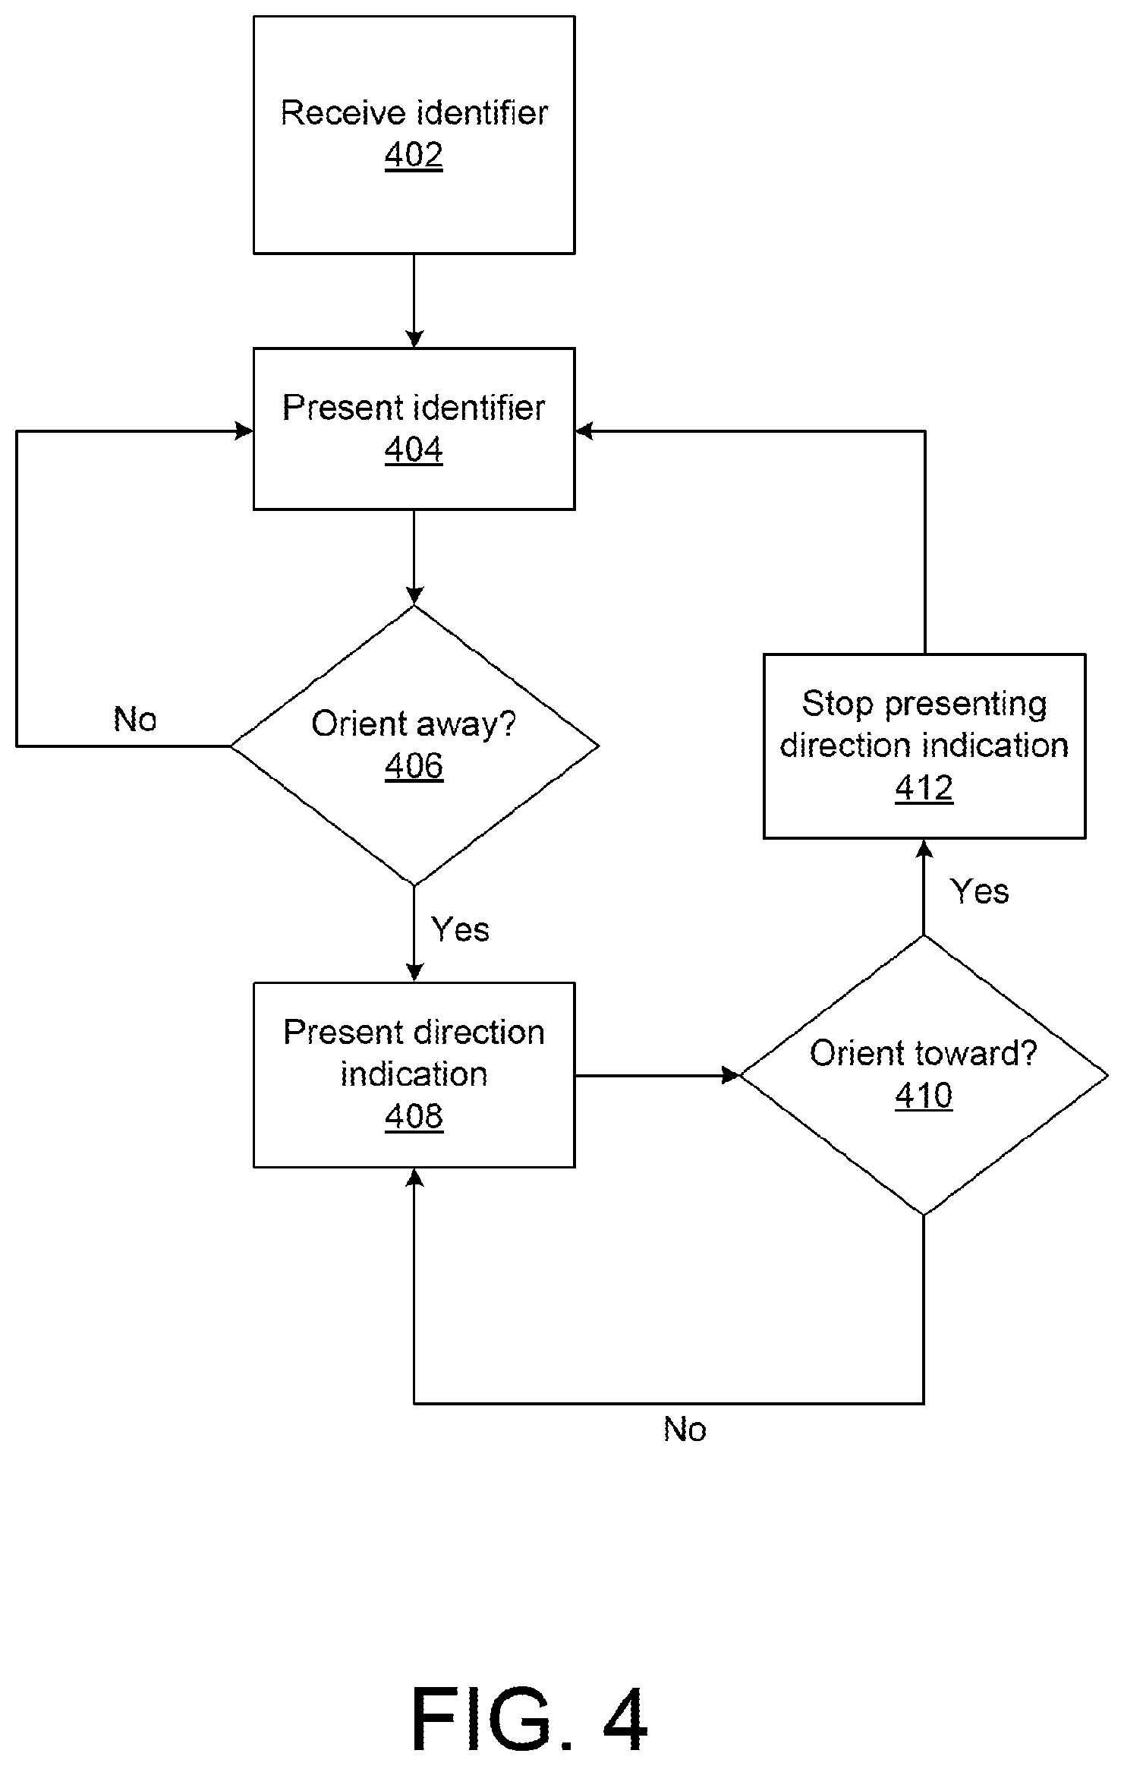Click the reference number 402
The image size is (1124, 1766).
[414, 156]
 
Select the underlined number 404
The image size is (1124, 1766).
[414, 450]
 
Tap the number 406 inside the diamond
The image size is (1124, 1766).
[414, 766]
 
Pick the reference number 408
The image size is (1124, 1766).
[414, 1117]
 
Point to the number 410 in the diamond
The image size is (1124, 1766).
[924, 1096]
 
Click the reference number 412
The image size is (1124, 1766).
[924, 788]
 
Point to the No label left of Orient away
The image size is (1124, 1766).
[135, 719]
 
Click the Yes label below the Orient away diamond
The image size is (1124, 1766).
[460, 929]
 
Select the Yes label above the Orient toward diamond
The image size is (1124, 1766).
[979, 891]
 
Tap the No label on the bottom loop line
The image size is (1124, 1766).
[685, 1430]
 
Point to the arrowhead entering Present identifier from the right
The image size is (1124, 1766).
[584, 431]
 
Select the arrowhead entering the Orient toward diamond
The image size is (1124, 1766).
[731, 1075]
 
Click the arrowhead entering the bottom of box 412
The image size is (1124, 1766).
[924, 848]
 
